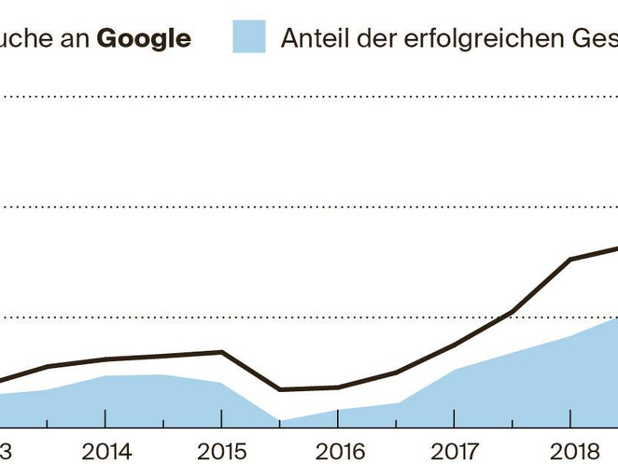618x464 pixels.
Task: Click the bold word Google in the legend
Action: [144, 37]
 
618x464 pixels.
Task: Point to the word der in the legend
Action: [378, 37]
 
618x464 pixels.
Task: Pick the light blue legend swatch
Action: [248, 36]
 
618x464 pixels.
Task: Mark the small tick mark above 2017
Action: [454, 416]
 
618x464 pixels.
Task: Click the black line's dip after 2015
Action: [279, 389]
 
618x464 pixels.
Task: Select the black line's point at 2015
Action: [221, 352]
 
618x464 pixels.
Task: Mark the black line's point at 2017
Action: [454, 344]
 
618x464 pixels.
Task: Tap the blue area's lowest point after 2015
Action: [279, 421]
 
